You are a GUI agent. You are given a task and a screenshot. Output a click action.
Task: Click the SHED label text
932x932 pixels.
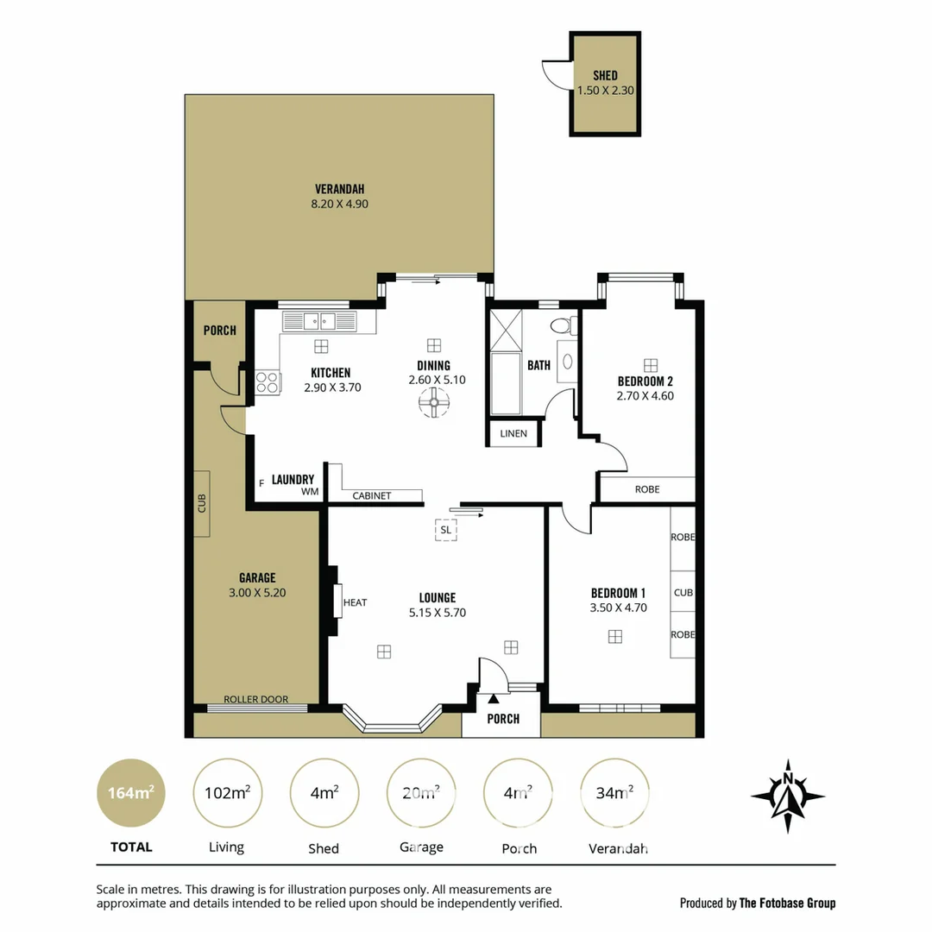coord(605,75)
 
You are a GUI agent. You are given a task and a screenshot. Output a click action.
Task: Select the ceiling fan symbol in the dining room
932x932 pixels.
coord(434,402)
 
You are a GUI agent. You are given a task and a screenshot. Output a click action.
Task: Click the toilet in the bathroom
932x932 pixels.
coord(562,325)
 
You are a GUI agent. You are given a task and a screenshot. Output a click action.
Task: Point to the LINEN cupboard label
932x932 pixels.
coord(513,433)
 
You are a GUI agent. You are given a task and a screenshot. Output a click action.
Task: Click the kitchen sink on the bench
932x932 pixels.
coord(318,322)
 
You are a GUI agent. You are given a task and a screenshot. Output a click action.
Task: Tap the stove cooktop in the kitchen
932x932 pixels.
coord(268,381)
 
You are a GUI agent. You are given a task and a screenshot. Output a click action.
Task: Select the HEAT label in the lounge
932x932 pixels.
coord(355,602)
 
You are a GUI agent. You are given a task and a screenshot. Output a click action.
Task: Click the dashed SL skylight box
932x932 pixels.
coord(445,529)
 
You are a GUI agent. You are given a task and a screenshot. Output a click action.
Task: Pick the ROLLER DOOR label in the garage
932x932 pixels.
coord(255,699)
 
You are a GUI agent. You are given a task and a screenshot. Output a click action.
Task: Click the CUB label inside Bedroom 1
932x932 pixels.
coord(683,593)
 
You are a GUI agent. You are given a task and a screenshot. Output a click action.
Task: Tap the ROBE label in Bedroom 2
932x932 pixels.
coord(647,489)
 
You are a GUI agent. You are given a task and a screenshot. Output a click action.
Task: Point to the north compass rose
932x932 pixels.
coord(787,797)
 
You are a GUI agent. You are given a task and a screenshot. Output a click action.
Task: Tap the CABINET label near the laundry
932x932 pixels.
coord(372,495)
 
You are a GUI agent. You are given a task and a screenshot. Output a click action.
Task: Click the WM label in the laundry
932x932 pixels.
coord(310,492)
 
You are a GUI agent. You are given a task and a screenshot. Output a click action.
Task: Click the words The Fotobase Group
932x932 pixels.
coord(787,904)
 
